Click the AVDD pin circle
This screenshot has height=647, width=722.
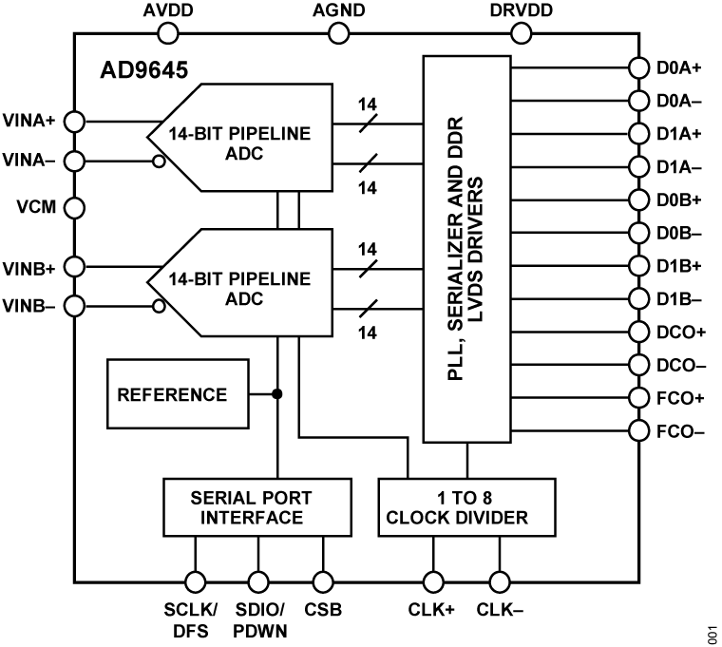point(168,33)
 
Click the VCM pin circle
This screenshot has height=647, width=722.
point(74,206)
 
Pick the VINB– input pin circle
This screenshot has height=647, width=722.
point(74,306)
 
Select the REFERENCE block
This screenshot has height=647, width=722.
point(172,394)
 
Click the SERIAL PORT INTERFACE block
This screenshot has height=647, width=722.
point(251,507)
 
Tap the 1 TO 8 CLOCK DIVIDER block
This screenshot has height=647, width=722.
point(465,507)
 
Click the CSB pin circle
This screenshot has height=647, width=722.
point(323,581)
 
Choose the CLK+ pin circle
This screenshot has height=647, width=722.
point(432,581)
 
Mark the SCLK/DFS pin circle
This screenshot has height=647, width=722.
point(196,581)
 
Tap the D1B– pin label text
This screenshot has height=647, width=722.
point(679,298)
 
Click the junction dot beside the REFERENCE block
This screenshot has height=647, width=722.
point(277,394)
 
